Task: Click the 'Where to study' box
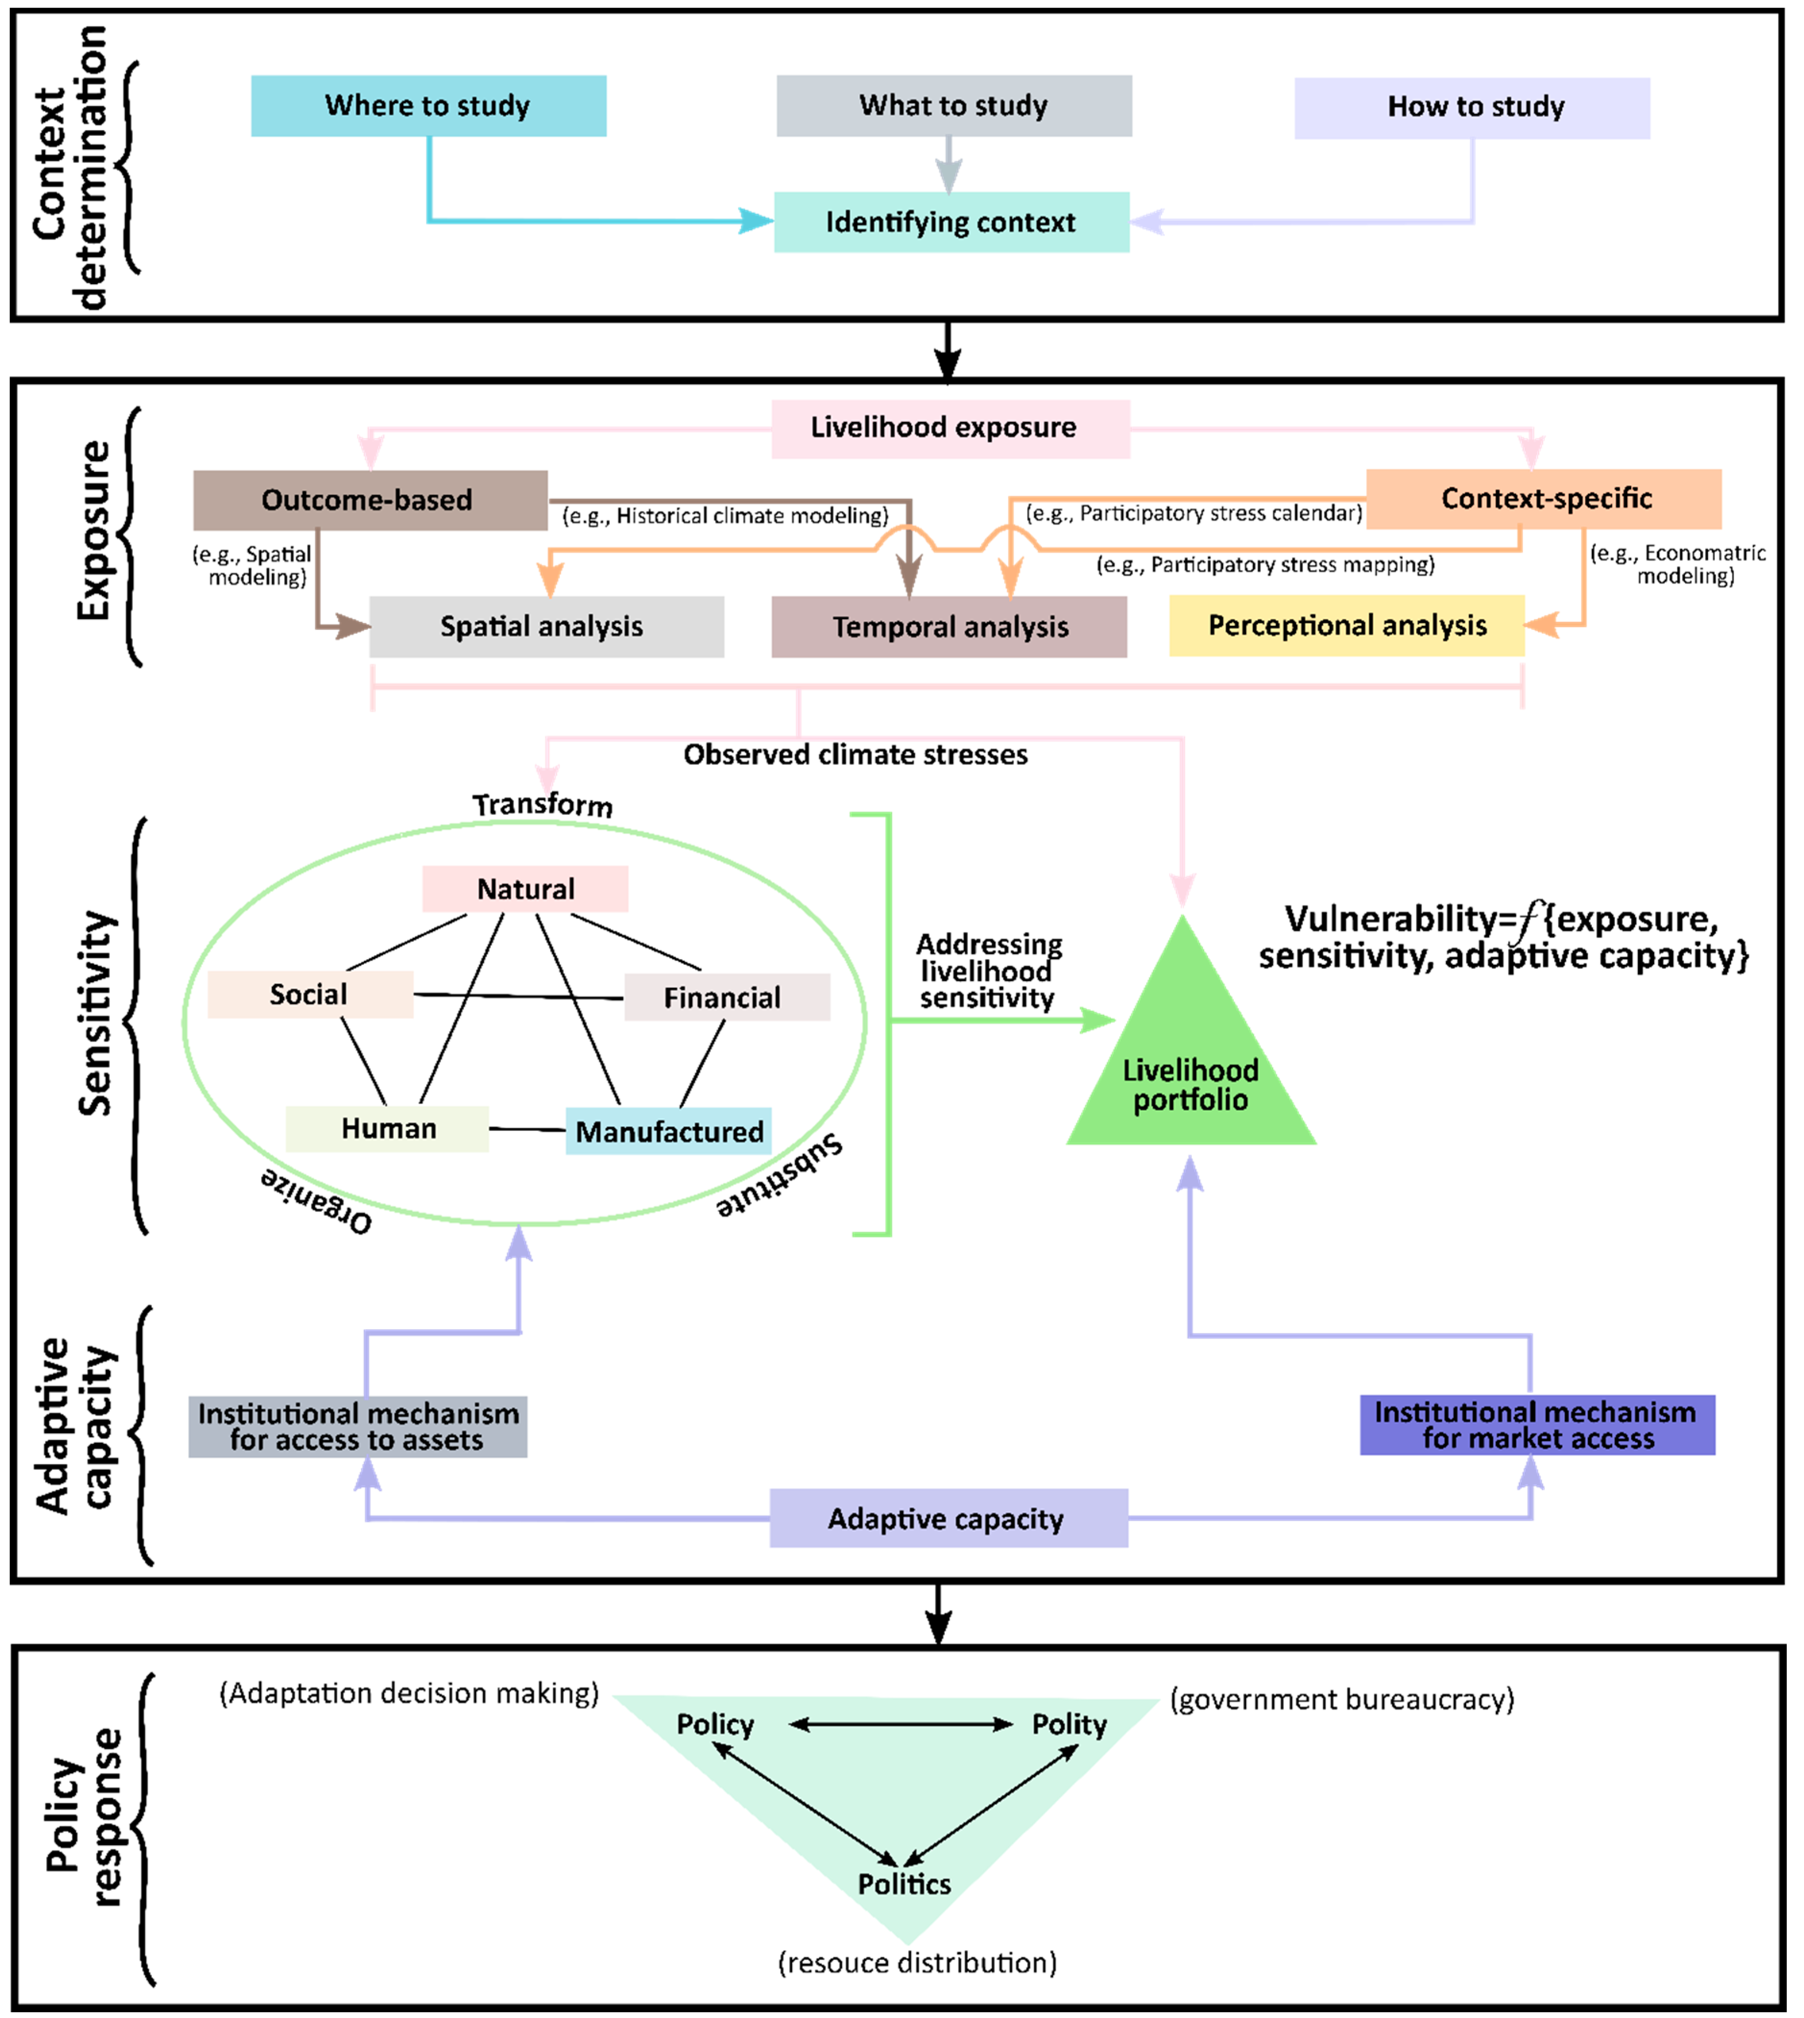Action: pyautogui.click(x=428, y=106)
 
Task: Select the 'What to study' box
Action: pyautogui.click(x=954, y=106)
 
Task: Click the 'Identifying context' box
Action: pyautogui.click(x=951, y=222)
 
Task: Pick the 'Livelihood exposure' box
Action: pyautogui.click(x=950, y=428)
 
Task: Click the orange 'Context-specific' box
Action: pyautogui.click(x=1543, y=499)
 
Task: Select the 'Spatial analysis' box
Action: pyautogui.click(x=546, y=626)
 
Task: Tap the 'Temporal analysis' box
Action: pyautogui.click(x=949, y=626)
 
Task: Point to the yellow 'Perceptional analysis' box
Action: pyautogui.click(x=1346, y=625)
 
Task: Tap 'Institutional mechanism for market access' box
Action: pyautogui.click(x=1536, y=1425)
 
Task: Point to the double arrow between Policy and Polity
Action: pyautogui.click(x=900, y=1725)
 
